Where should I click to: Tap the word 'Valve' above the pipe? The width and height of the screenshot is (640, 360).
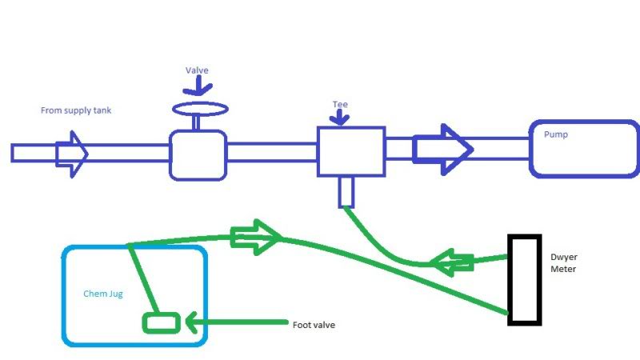196,70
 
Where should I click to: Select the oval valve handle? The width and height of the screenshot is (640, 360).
199,108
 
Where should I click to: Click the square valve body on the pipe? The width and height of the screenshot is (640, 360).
198,155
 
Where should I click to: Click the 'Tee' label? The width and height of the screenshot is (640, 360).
340,104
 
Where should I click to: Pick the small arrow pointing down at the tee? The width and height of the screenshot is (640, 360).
340,118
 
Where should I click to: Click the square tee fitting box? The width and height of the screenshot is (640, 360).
351,151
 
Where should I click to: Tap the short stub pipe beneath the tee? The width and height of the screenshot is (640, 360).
346,192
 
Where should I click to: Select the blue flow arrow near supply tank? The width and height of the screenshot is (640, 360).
71,152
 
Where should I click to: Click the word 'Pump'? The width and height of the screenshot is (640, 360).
556,135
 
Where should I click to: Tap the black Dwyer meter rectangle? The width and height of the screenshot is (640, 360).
525,279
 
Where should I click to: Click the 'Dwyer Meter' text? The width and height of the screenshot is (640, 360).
565,263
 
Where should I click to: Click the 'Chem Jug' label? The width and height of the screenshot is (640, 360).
103,294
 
